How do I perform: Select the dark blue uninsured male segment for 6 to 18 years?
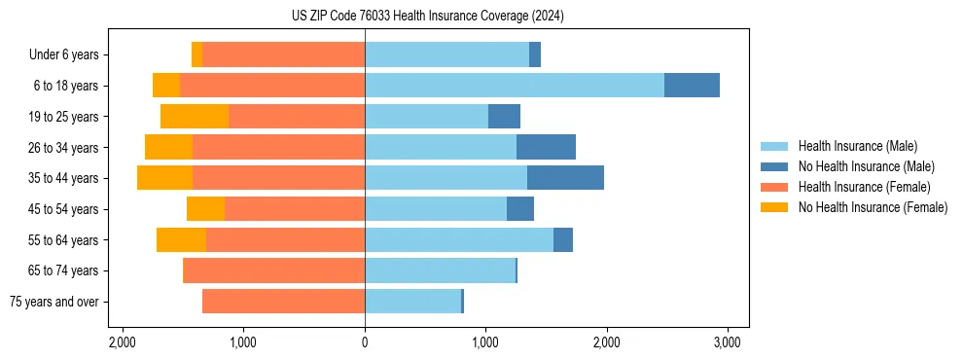pyautogui.click(x=692, y=86)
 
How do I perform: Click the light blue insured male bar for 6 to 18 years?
pyautogui.click(x=515, y=86)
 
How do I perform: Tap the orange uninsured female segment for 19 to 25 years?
pyautogui.click(x=195, y=117)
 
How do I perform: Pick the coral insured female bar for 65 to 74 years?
pyautogui.click(x=273, y=270)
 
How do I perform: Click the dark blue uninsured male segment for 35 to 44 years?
pyautogui.click(x=565, y=178)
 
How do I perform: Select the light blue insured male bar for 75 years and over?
pyautogui.click(x=412, y=302)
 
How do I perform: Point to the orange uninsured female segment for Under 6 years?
pyautogui.click(x=196, y=55)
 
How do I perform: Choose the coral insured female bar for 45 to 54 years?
pyautogui.click(x=295, y=209)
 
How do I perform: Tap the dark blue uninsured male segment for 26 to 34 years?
pyautogui.click(x=546, y=148)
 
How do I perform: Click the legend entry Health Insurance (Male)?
pyautogui.click(x=857, y=146)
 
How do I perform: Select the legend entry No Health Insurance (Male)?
pyautogui.click(x=866, y=166)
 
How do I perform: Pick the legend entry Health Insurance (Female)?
pyautogui.click(x=864, y=187)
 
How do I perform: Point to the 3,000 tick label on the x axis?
pyautogui.click(x=728, y=342)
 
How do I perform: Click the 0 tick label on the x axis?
pyautogui.click(x=365, y=342)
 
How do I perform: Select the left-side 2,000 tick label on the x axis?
pyautogui.click(x=123, y=342)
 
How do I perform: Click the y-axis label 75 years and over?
pyautogui.click(x=54, y=302)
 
